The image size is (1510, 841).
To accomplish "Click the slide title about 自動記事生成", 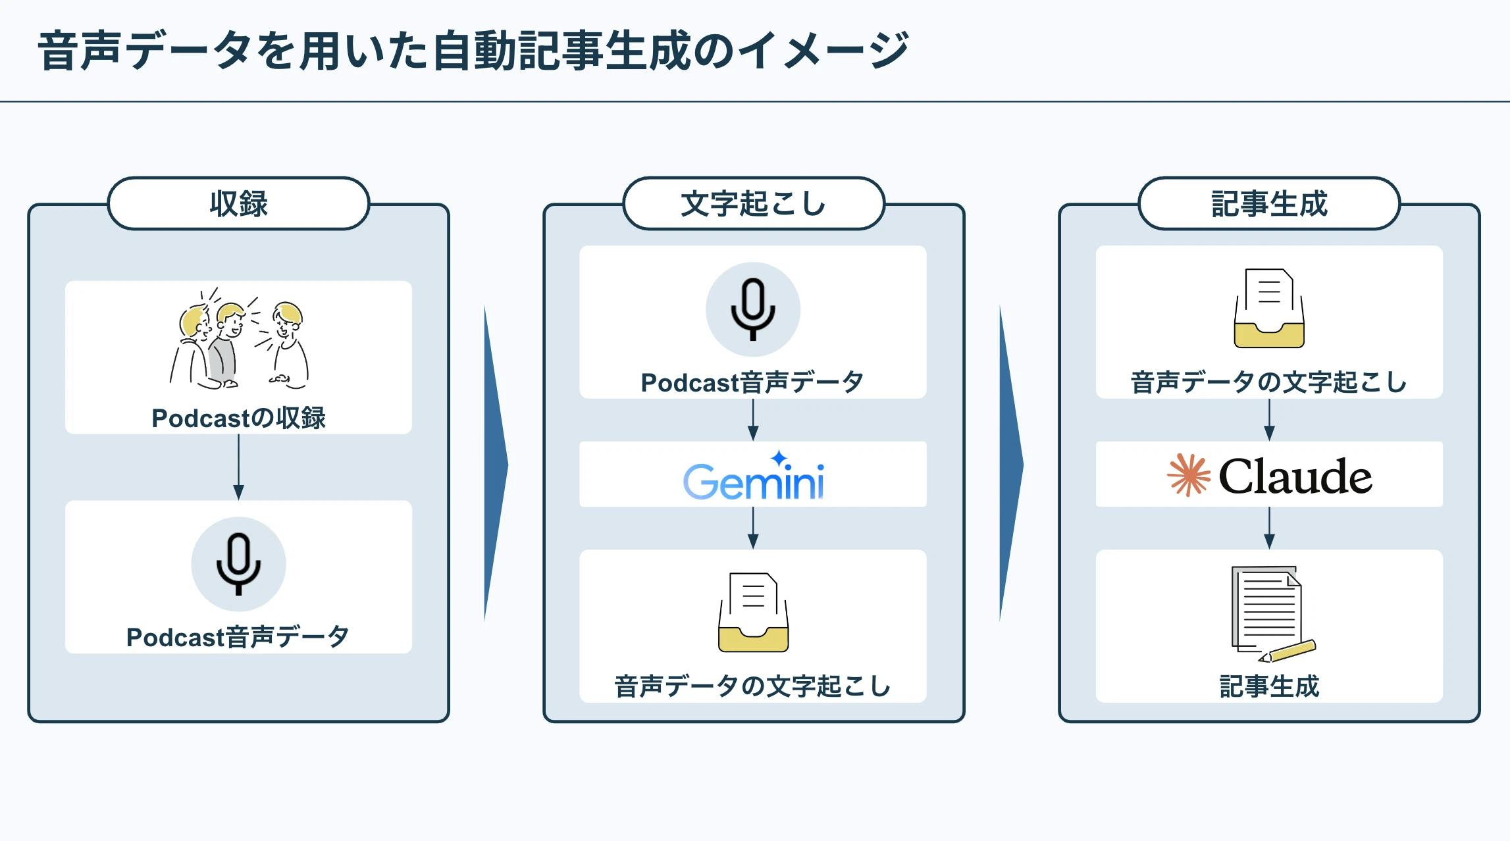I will tap(473, 51).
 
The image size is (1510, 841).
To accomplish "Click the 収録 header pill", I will tap(238, 203).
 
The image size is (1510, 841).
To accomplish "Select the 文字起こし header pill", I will tap(753, 203).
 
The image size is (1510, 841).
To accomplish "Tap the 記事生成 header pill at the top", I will tap(1268, 203).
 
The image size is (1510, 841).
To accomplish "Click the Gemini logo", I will tap(753, 480).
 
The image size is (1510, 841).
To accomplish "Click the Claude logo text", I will tap(1295, 476).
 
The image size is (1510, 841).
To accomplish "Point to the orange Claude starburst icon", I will tap(1188, 474).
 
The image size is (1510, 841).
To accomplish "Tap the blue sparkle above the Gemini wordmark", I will tap(779, 457).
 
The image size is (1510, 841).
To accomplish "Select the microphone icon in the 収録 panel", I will tap(238, 564).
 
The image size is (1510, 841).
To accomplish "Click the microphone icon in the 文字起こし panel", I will tap(753, 309).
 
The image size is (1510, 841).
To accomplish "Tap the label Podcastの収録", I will tap(238, 418).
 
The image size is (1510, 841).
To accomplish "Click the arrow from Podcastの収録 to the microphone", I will tap(238, 467).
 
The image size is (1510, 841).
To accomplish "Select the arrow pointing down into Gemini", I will tap(753, 420).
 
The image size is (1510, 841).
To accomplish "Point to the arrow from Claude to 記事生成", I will tap(1269, 528).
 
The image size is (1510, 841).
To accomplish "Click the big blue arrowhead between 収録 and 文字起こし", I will tap(495, 464).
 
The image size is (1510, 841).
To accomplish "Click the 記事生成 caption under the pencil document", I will tap(1268, 686).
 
